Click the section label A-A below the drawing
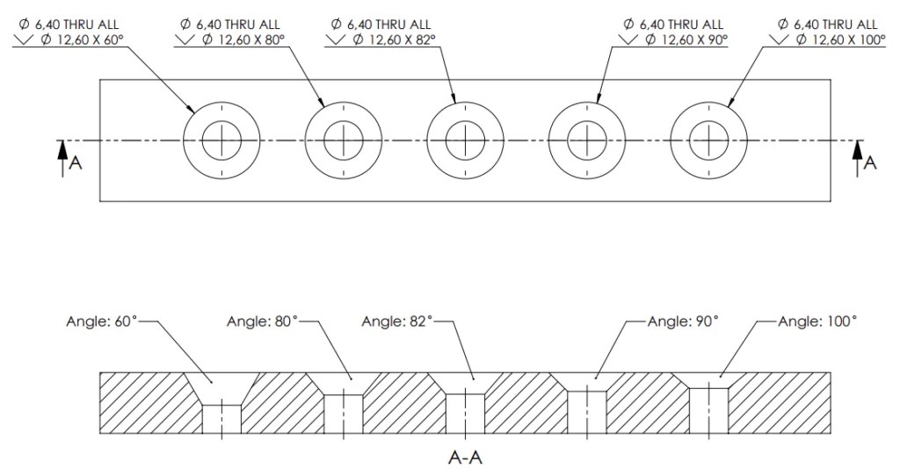[466, 458]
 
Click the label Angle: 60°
[102, 321]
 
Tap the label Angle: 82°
[397, 321]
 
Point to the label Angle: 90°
[683, 321]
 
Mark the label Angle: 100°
[817, 321]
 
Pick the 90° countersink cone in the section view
[586, 382]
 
